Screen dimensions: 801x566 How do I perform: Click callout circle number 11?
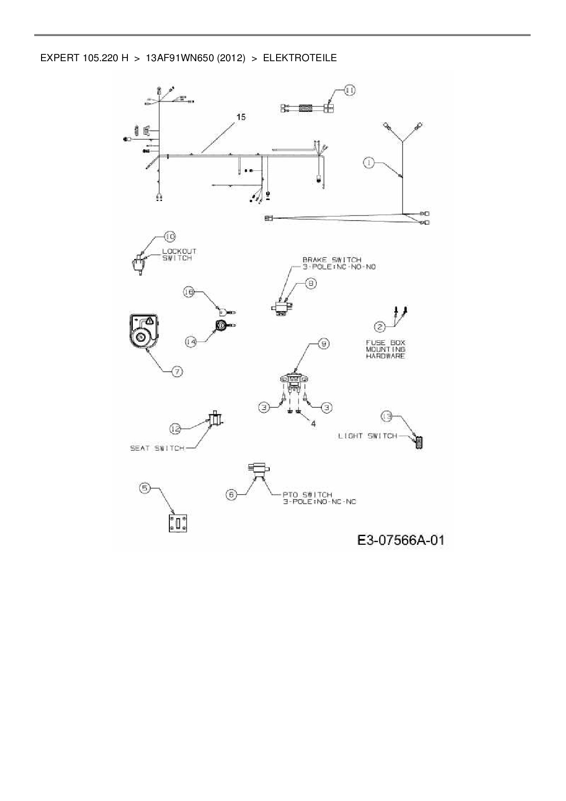[349, 91]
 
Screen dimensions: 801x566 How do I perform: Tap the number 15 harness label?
[241, 117]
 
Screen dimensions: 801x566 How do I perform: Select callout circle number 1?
[369, 163]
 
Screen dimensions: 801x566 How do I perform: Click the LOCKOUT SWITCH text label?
[179, 255]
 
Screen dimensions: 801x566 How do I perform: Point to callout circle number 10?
[170, 237]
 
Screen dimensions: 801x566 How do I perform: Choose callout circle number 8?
[310, 284]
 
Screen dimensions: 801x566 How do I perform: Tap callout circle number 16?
[189, 292]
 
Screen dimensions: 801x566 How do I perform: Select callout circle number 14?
[191, 341]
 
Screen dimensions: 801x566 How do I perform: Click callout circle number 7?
[177, 372]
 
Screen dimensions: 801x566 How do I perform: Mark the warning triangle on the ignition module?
[149, 321]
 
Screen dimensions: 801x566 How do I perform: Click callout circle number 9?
[323, 344]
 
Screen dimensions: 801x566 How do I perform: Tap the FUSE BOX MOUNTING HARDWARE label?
[385, 349]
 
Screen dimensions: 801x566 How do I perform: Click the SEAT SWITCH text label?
[157, 448]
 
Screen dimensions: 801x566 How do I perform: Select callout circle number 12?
[176, 428]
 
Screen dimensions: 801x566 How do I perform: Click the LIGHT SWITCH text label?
[367, 436]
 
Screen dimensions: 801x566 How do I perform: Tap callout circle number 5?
[145, 488]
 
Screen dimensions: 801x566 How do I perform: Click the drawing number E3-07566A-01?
[401, 541]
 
